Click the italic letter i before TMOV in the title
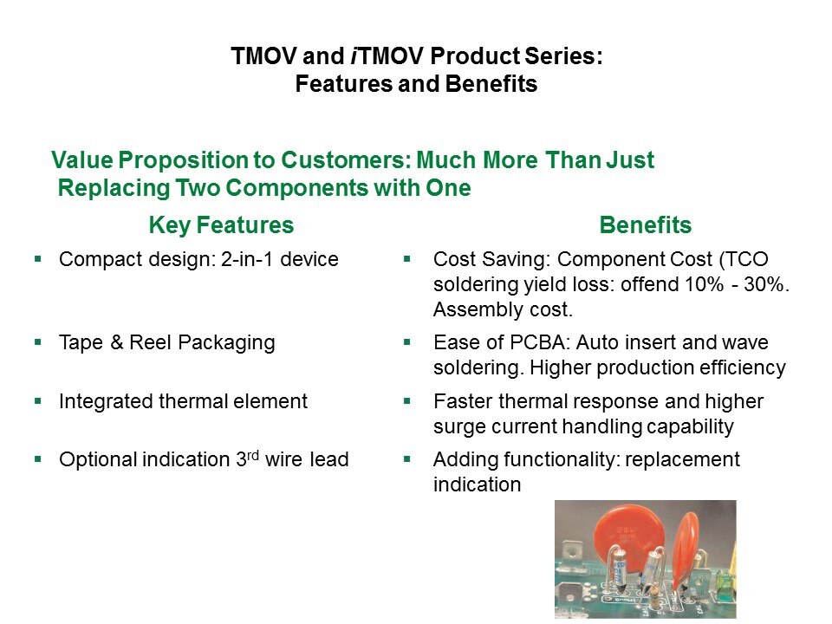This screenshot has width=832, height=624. point(354,55)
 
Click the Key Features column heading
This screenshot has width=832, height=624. point(221,225)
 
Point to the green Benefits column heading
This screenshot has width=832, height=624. point(645,225)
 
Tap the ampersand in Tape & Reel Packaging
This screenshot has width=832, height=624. point(117,342)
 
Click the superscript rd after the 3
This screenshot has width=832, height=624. point(253,455)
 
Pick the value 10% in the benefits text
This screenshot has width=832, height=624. point(704,284)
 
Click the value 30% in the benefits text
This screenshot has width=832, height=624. point(764,284)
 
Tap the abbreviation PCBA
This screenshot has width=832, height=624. point(540,342)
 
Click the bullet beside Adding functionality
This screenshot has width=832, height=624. point(407,459)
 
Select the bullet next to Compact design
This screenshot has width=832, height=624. point(37,259)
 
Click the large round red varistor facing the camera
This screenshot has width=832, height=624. point(628,533)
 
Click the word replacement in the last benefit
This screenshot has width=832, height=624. point(682,459)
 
